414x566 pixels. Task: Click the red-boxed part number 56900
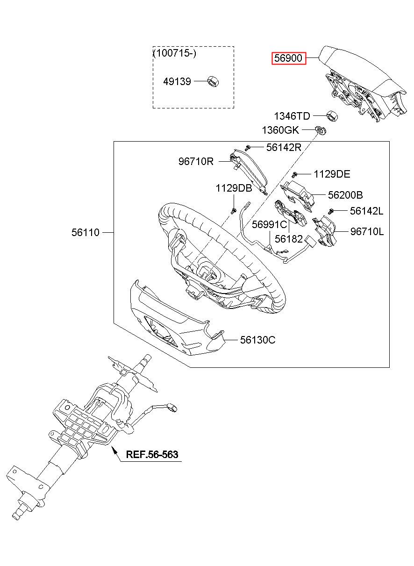pos(288,58)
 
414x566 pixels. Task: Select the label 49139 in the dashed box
pos(177,82)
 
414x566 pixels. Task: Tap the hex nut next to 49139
pos(213,82)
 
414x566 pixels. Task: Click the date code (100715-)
pos(175,53)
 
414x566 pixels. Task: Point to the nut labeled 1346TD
pos(332,116)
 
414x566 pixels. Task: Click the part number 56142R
pos(284,147)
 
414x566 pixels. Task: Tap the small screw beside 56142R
pos(248,148)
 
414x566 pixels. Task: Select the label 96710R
pos(196,161)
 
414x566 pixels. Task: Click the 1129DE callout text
pos(332,174)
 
